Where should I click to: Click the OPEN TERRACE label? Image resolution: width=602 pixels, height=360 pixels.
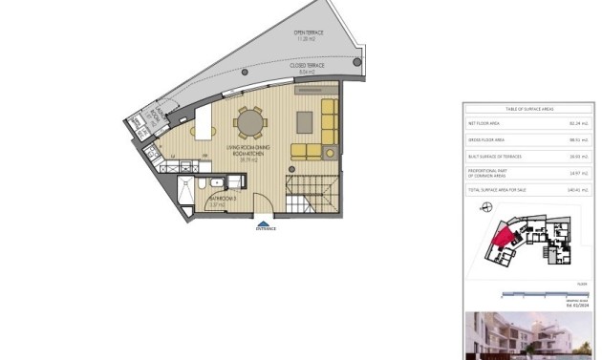(308, 35)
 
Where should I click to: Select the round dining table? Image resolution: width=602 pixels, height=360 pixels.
(251, 122)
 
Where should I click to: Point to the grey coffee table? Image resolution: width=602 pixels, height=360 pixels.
(304, 121)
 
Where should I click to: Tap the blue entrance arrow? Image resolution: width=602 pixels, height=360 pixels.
(264, 223)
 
